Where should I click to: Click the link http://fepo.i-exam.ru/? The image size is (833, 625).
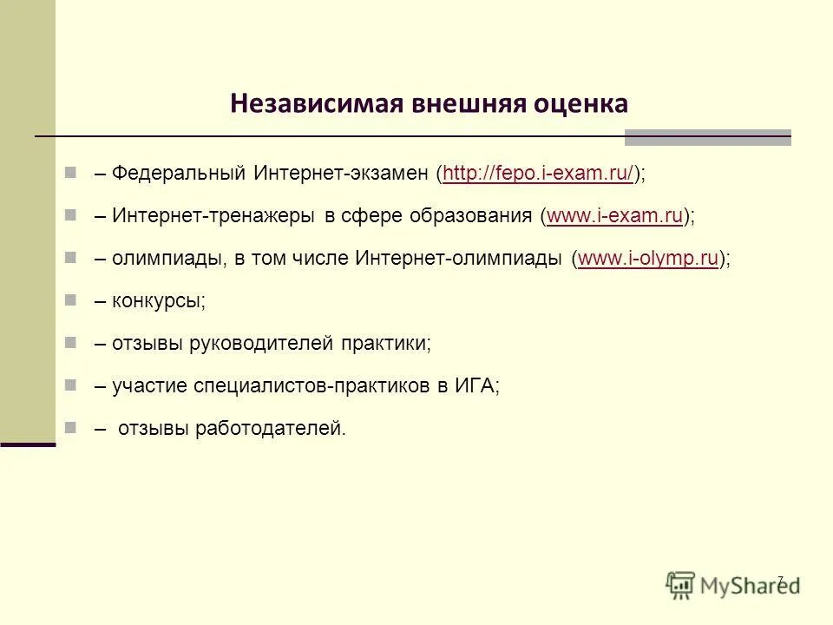pyautogui.click(x=538, y=174)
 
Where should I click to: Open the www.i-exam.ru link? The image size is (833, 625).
pyautogui.click(x=615, y=216)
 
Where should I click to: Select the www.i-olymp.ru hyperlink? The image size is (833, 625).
pyautogui.click(x=648, y=259)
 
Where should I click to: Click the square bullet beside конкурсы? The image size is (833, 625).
pyautogui.click(x=70, y=300)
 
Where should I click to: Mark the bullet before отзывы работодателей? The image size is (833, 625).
pyautogui.click(x=70, y=427)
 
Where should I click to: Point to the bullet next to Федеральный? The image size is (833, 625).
pyautogui.click(x=70, y=173)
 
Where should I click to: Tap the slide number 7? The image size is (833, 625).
pyautogui.click(x=779, y=580)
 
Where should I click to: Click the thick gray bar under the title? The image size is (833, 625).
pyautogui.click(x=707, y=137)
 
